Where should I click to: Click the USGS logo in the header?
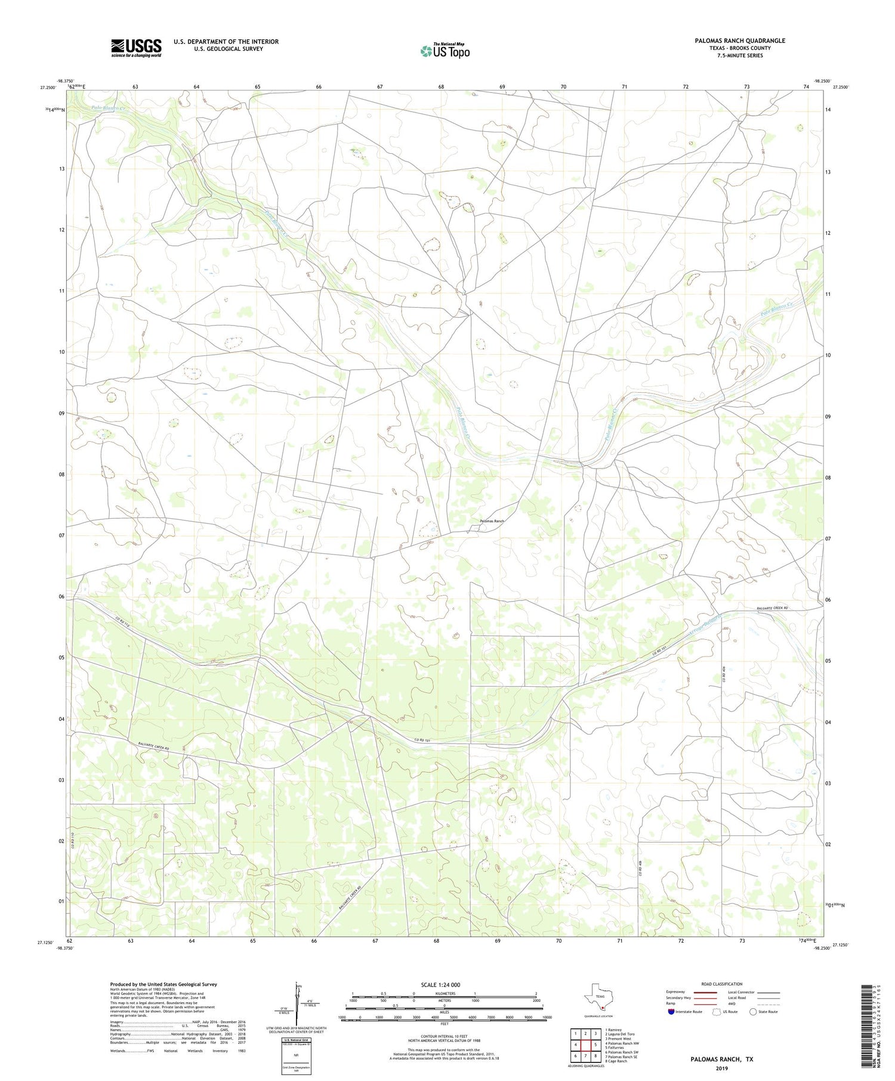tap(135, 48)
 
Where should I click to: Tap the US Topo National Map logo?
tap(444, 51)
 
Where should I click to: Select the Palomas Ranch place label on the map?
tap(492, 521)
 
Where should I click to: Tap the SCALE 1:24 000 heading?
tap(440, 984)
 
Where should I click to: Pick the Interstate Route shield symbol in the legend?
tap(672, 1011)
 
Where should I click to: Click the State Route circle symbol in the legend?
tap(753, 1011)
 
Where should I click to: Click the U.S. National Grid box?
tap(296, 1056)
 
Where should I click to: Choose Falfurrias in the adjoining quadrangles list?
tap(615, 1047)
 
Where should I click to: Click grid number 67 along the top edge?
tap(380, 87)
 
